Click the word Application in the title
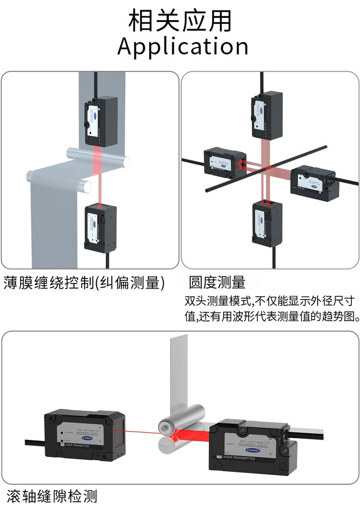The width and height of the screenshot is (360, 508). [183, 47]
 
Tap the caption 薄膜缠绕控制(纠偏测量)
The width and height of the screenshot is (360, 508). [84, 283]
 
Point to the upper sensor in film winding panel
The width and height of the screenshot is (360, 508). [102, 120]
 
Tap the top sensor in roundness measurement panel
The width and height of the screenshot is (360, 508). [266, 116]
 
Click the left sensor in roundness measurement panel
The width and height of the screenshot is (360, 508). [225, 163]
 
